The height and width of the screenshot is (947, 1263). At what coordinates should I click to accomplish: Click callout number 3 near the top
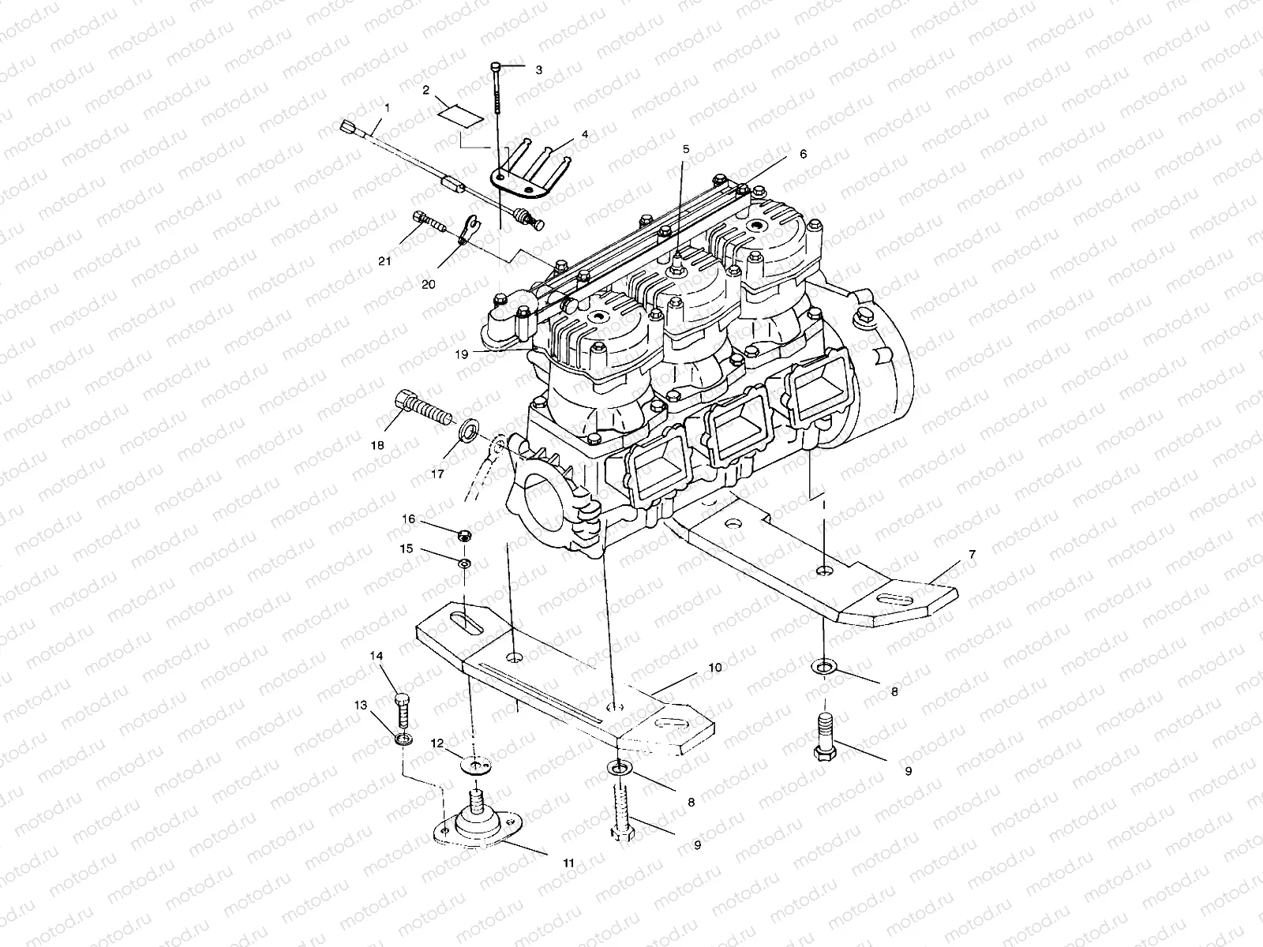click(x=539, y=70)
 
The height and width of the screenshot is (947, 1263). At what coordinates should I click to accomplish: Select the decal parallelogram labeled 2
click(x=459, y=114)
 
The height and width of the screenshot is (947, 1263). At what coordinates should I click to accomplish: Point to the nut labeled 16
click(x=465, y=537)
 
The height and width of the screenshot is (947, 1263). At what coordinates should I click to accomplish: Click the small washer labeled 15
click(x=465, y=562)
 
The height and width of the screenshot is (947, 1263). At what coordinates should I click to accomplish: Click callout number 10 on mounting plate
click(x=714, y=668)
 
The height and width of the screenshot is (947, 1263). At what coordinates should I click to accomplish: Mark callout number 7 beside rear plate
click(x=972, y=555)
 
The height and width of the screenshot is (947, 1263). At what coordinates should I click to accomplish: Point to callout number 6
click(x=803, y=155)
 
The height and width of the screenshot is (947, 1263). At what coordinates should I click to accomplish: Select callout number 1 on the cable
click(x=387, y=106)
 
